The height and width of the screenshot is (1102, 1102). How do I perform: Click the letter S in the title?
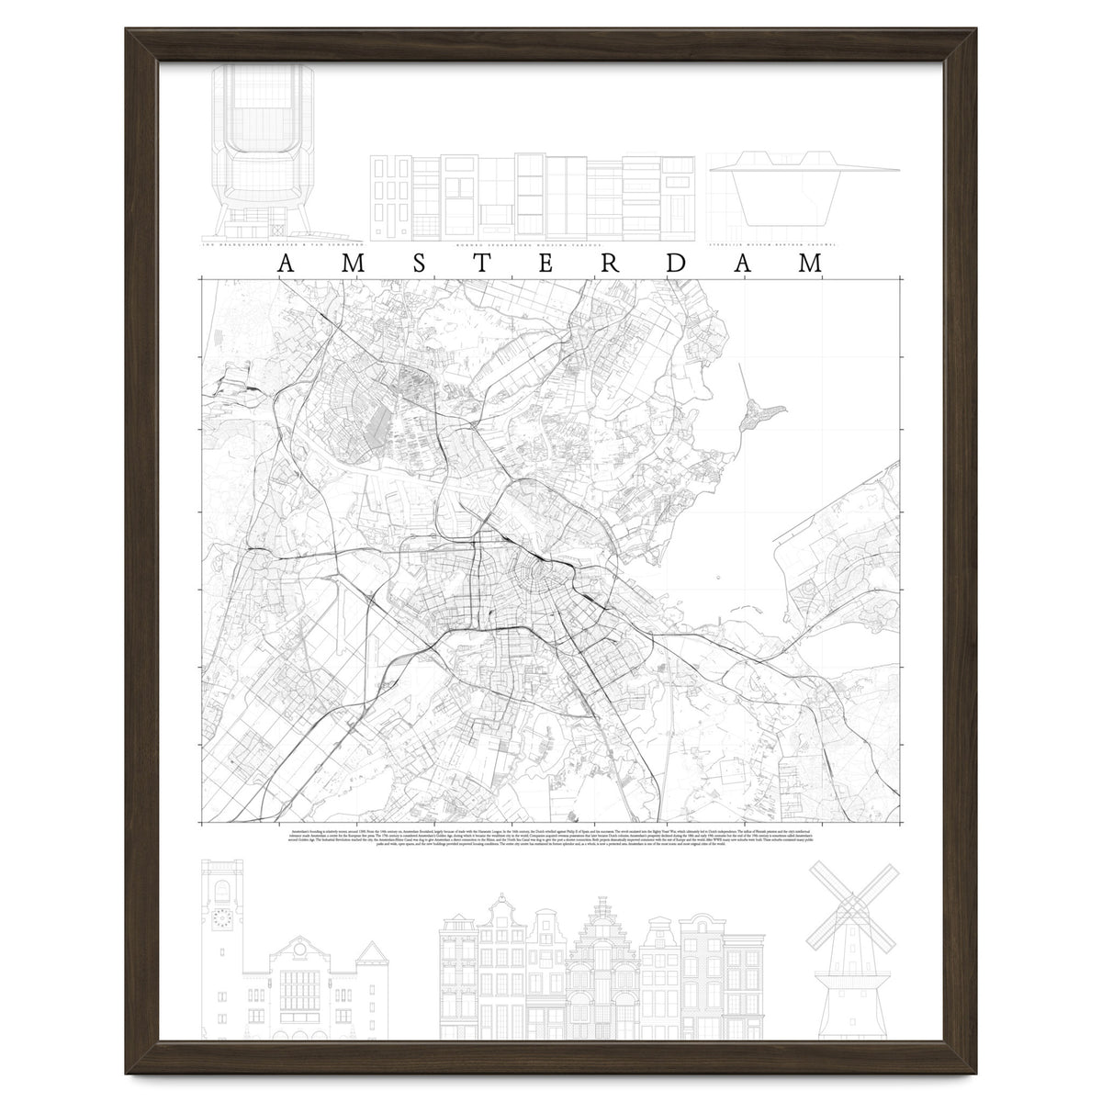pos(419,264)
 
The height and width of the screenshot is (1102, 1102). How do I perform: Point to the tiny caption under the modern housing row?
pos(536,246)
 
